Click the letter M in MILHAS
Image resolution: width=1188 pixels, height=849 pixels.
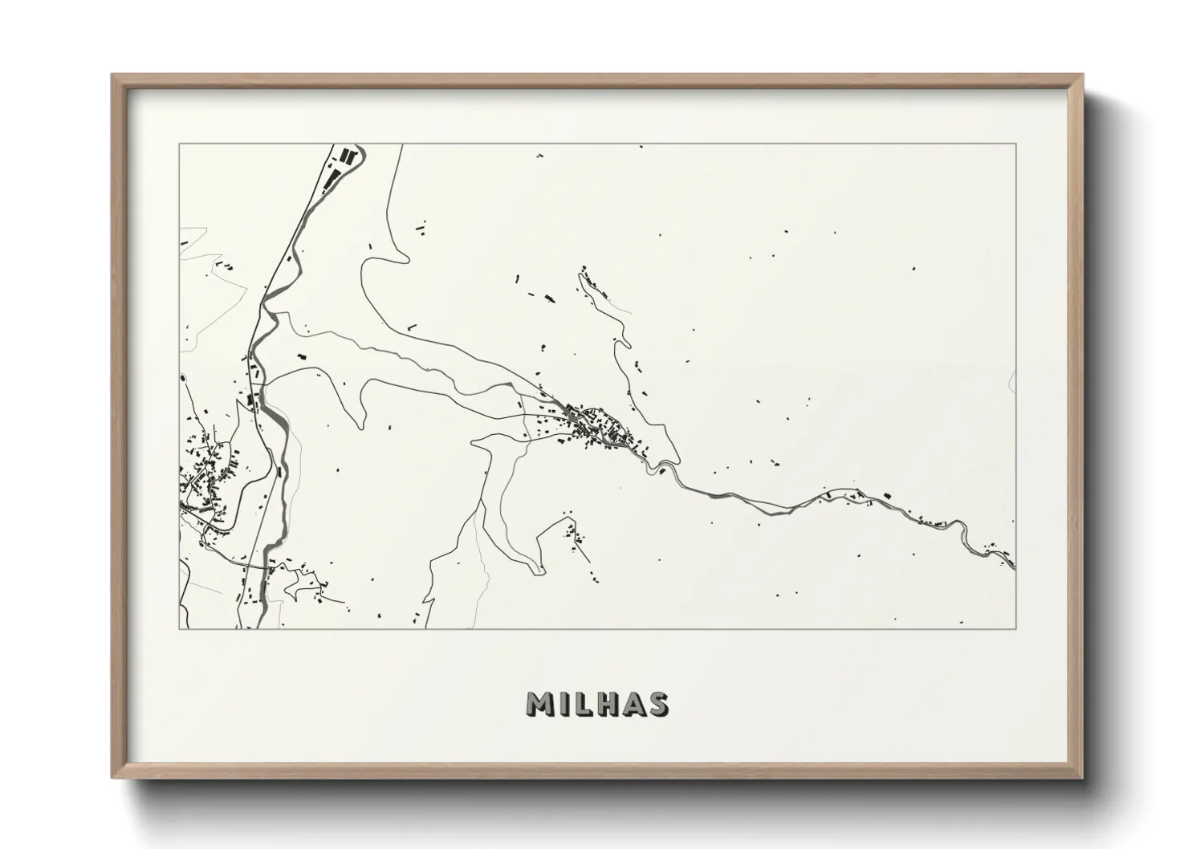539,705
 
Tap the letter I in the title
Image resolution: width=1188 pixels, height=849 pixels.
563,705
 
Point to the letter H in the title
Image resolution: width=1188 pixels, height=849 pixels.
606,705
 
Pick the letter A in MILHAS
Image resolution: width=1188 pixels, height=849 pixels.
632,705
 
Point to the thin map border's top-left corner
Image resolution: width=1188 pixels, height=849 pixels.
179,144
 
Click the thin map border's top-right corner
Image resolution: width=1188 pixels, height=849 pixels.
1016,144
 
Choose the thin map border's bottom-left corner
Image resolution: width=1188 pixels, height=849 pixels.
179,629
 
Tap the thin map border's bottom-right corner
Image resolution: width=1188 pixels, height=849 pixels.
1016,629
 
